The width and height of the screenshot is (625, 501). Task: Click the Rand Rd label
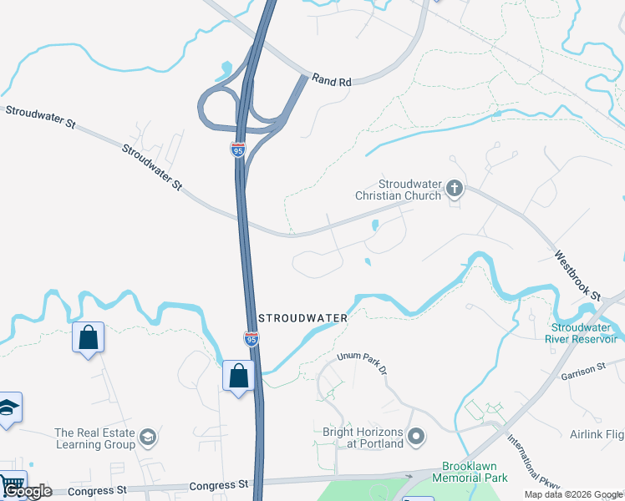coord(333,81)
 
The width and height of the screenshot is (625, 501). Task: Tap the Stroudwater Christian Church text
coord(409,190)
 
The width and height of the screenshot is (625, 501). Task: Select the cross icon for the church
coord(455,188)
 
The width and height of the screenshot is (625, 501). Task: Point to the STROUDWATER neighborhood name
coord(303,318)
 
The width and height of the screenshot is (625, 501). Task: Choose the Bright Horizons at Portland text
coord(363,438)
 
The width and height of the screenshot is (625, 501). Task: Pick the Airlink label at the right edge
coord(597,434)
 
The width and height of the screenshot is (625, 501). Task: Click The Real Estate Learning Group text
coord(95,438)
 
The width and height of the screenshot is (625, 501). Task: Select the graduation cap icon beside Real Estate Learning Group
coord(148,438)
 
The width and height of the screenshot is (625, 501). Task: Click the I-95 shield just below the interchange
coord(238,150)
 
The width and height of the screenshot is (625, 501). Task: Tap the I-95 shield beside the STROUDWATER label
coord(252,338)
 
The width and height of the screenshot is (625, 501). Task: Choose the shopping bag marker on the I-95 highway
coord(239,377)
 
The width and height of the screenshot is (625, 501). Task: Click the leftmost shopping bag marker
coord(88,338)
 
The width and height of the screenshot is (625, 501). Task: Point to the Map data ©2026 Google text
coord(574,494)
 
